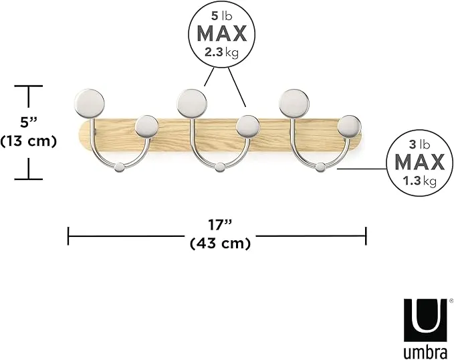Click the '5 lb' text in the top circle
coord(222,16)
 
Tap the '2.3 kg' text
coord(222,53)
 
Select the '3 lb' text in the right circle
coord(420,145)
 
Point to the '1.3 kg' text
coord(420,181)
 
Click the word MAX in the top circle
coord(222,33)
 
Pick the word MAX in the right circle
coord(420,163)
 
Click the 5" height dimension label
coord(28,122)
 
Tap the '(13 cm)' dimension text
coord(28,141)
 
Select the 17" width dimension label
coord(220,225)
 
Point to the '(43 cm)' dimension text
coord(220,243)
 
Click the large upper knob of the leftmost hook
coord(90,104)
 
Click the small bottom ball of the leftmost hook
coord(119,168)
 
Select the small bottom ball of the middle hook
coord(220,167)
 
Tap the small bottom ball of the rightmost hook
coord(320,167)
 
